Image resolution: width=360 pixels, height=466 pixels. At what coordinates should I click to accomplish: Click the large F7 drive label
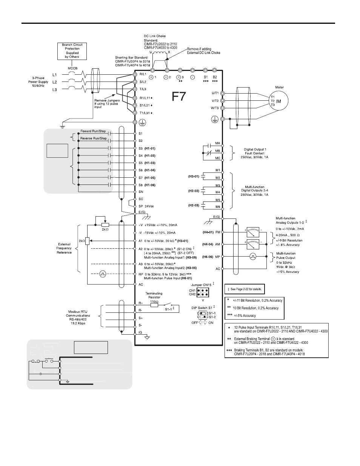pyautogui.click(x=179, y=97)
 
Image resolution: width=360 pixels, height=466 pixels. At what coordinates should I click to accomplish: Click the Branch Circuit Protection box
pyautogui.click(x=72, y=51)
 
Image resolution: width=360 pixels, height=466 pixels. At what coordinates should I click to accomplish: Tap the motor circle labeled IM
pyautogui.click(x=278, y=101)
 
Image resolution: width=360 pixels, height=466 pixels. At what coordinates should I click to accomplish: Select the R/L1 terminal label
pyautogui.click(x=142, y=75)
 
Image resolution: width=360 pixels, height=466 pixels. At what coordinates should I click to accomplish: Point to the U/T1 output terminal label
pyautogui.click(x=215, y=93)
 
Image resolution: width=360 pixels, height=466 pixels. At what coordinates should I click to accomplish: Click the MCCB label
pyautogui.click(x=72, y=68)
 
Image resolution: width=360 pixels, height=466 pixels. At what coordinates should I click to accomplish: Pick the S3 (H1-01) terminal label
pyautogui.click(x=147, y=148)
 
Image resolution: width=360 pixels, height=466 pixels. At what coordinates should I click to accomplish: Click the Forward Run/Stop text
pyautogui.click(x=93, y=131)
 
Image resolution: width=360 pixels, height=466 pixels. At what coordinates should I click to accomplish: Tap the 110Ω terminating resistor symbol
pyautogui.click(x=154, y=305)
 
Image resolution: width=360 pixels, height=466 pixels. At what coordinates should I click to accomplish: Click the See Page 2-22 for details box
pyautogui.click(x=245, y=289)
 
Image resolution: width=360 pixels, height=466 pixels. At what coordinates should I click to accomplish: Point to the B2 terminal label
pyautogui.click(x=215, y=77)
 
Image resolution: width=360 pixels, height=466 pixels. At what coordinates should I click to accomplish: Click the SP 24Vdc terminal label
pyautogui.click(x=146, y=206)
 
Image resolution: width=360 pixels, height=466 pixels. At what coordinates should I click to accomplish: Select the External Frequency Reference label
pyautogui.click(x=64, y=248)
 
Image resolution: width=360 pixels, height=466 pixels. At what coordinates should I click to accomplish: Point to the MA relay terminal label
pyautogui.click(x=218, y=143)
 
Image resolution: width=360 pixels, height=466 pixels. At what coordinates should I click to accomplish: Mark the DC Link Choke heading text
pyautogui.click(x=155, y=36)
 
